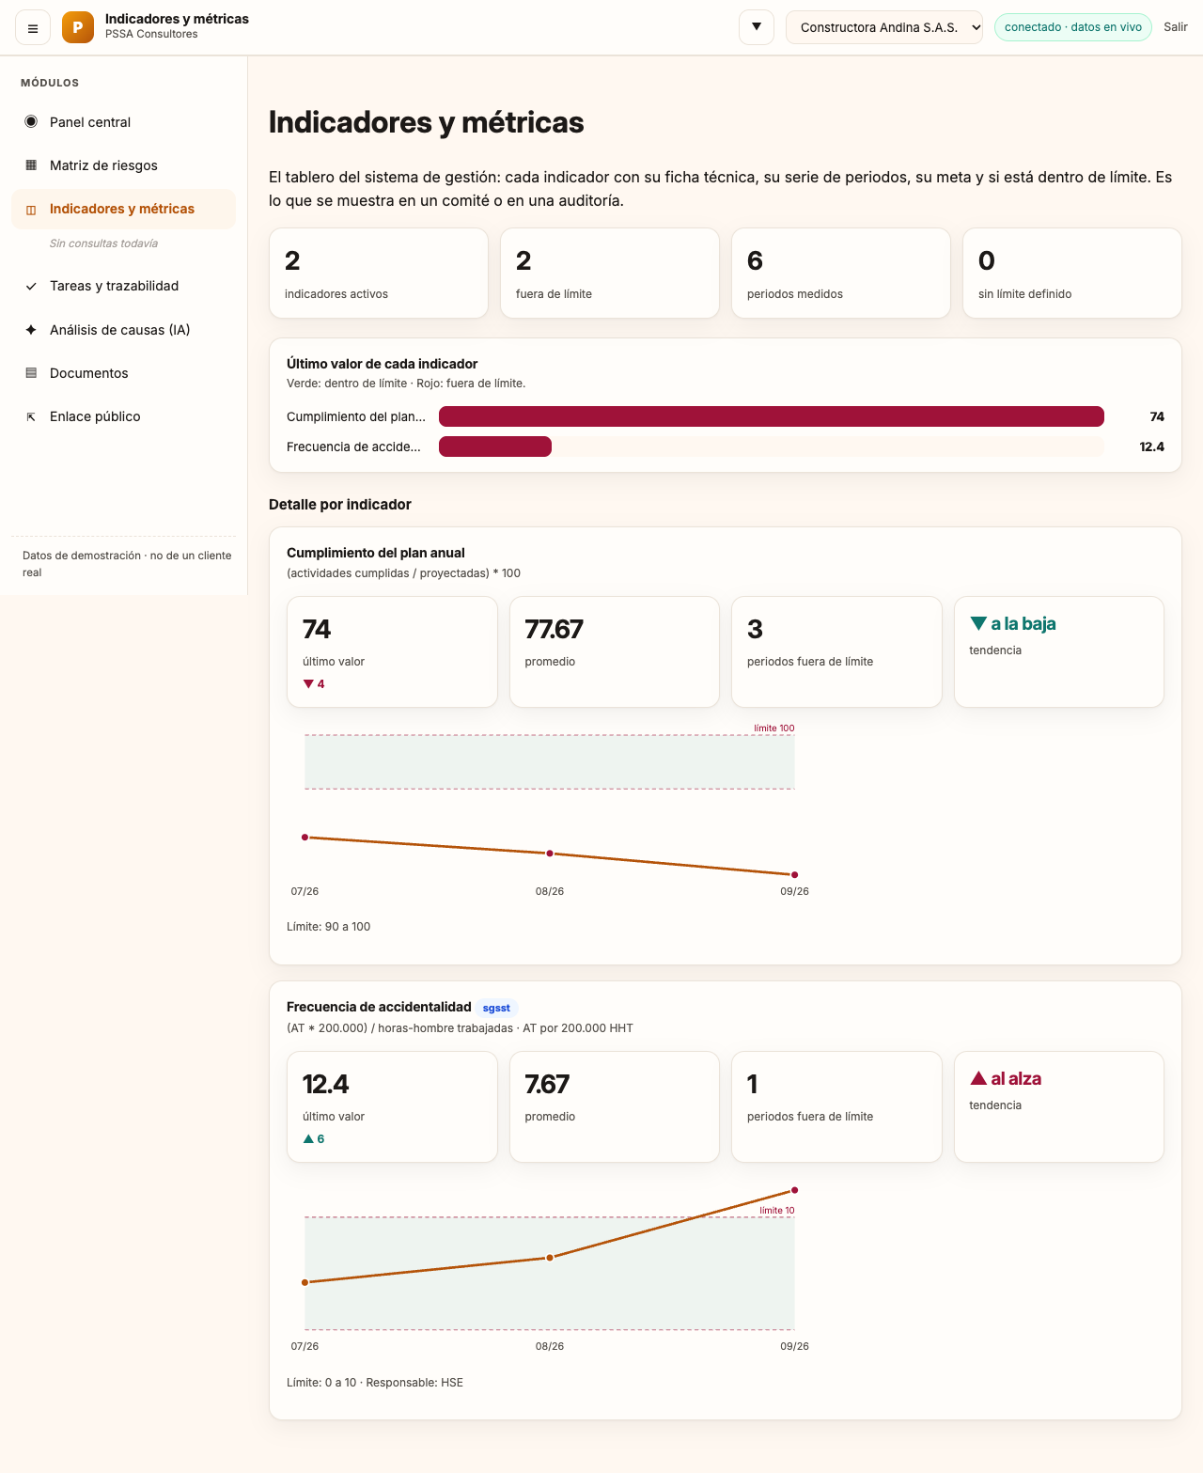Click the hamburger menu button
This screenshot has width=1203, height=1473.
click(x=32, y=28)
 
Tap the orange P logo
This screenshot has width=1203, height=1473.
click(x=77, y=27)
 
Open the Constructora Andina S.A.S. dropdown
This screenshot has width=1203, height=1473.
click(x=883, y=27)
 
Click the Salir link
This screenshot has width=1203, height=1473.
click(x=1175, y=27)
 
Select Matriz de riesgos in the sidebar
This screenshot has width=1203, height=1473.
click(x=103, y=165)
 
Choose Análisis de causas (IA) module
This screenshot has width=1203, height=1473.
click(x=119, y=330)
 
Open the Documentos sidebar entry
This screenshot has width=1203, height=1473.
click(x=88, y=373)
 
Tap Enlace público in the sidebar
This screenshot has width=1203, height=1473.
click(x=95, y=416)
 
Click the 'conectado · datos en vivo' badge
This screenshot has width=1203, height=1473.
click(x=1072, y=27)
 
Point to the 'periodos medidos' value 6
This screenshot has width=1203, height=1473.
click(x=755, y=260)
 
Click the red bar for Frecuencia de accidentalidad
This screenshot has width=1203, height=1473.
click(x=495, y=447)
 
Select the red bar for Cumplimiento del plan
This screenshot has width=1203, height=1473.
click(x=771, y=416)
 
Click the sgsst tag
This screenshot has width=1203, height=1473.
click(x=495, y=1008)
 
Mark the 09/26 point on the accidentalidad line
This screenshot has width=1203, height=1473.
click(x=794, y=1190)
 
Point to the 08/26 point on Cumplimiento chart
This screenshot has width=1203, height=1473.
click(x=550, y=854)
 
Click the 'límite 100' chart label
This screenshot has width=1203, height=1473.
click(x=773, y=728)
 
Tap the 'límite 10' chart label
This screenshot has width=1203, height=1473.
click(x=776, y=1211)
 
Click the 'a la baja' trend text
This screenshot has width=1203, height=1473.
click(x=1023, y=624)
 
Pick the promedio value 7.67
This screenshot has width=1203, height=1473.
click(x=547, y=1084)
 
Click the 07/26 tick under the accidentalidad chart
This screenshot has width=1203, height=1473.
click(x=305, y=1346)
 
